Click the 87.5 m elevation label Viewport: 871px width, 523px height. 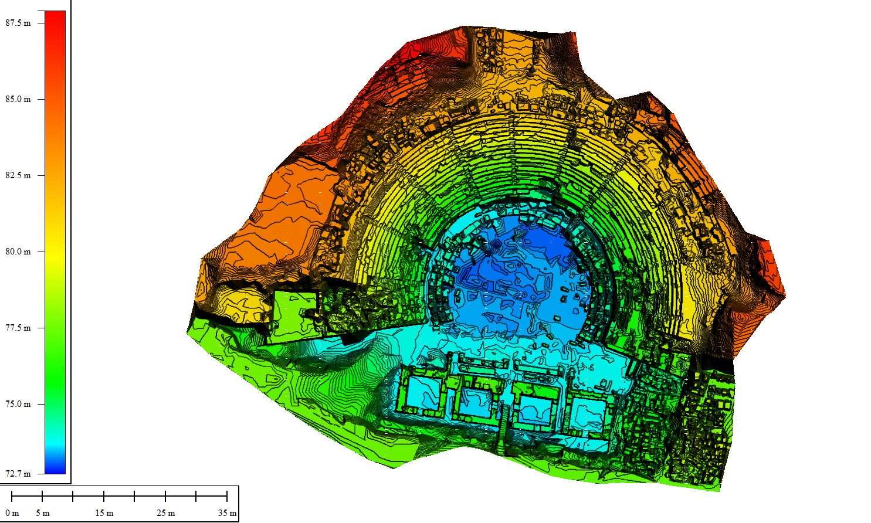[x=18, y=23]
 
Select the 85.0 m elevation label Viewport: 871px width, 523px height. [x=18, y=99]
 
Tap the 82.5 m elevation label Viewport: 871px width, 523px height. [x=18, y=175]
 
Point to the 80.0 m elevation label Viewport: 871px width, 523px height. [x=18, y=252]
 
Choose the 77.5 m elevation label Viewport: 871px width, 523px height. [x=18, y=328]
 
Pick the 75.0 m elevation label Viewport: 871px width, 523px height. [x=18, y=404]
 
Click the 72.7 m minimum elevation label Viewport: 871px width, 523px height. [x=18, y=474]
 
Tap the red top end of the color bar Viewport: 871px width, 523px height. [x=55, y=16]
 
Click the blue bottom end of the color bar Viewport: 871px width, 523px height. [x=55, y=468]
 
